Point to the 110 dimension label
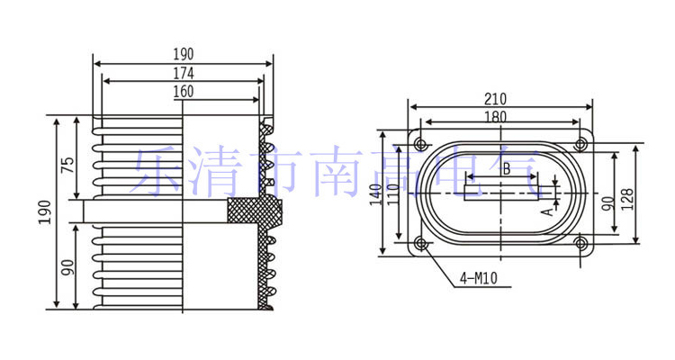tap(392, 193)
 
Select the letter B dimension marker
tap(506, 168)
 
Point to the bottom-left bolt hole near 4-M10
tap(421, 243)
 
